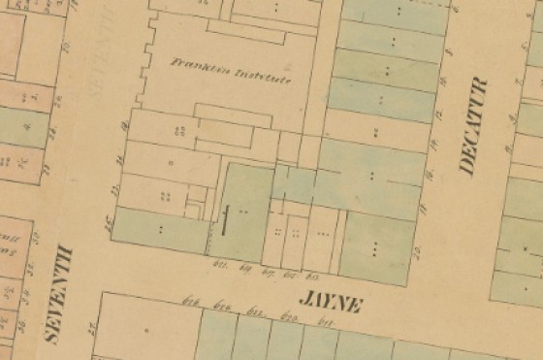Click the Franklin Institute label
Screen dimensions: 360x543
pyautogui.click(x=230, y=73)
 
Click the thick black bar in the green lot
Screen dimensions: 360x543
pyautogui.click(x=225, y=220)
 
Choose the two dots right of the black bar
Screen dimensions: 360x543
pyautogui.click(x=244, y=210)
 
